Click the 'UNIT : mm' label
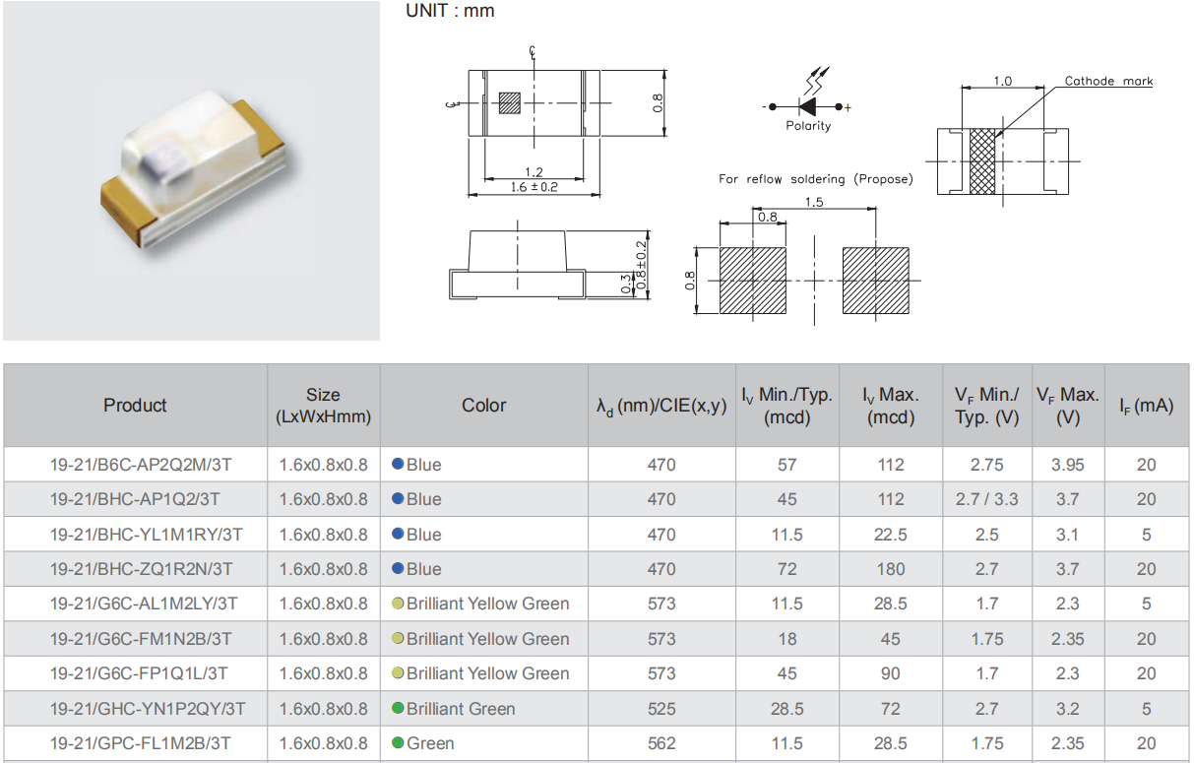pos(450,11)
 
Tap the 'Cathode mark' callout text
pos(1108,81)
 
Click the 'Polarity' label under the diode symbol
pos(808,126)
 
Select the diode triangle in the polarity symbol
pos(806,106)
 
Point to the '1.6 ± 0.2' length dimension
pos(534,187)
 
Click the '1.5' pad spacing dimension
pos(814,202)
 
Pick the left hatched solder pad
pos(753,281)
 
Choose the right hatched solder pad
pos(876,281)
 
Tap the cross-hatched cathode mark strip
pos(982,161)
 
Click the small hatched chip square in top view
pos(510,103)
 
